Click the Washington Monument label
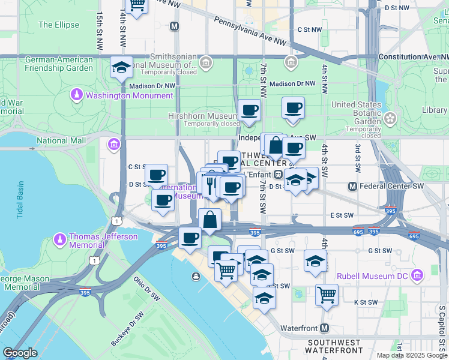point(129,95)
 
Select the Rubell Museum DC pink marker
point(417,275)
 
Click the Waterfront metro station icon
point(324,328)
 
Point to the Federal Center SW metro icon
point(352,187)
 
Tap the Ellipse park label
point(58,25)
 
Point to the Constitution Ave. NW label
point(413,56)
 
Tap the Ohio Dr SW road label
point(146,288)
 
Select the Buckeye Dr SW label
point(127,328)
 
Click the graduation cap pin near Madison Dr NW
point(122,68)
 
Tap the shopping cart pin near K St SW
point(327,295)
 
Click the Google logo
point(20,353)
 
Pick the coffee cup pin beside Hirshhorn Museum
point(249,110)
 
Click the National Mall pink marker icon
point(113,145)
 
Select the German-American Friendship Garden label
point(59,64)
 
